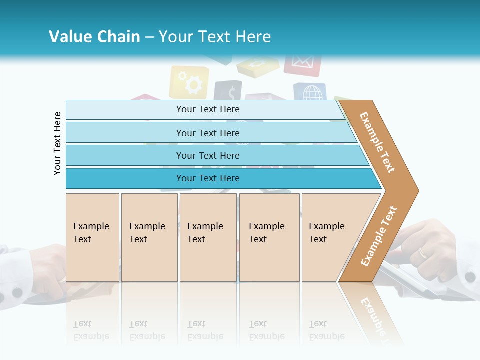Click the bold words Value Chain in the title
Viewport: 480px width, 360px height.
point(94,37)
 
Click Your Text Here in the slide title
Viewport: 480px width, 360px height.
point(215,37)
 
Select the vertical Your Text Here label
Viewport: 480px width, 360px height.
point(58,143)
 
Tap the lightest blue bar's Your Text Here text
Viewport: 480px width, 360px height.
point(208,109)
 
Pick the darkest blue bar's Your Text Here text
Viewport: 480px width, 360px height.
point(208,178)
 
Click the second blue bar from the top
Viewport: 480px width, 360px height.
point(208,133)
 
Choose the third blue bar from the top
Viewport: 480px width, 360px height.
point(208,156)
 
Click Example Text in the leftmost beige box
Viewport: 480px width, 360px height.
point(91,233)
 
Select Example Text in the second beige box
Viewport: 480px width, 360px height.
point(147,233)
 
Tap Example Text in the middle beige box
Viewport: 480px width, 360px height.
point(205,233)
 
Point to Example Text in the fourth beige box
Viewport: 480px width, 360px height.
point(266,233)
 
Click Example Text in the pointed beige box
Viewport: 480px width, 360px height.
point(326,233)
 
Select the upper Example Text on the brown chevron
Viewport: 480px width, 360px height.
point(377,142)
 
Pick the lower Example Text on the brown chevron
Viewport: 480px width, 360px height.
point(379,236)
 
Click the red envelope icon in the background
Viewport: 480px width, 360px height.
point(302,64)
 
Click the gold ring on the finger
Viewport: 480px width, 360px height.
point(423,253)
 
